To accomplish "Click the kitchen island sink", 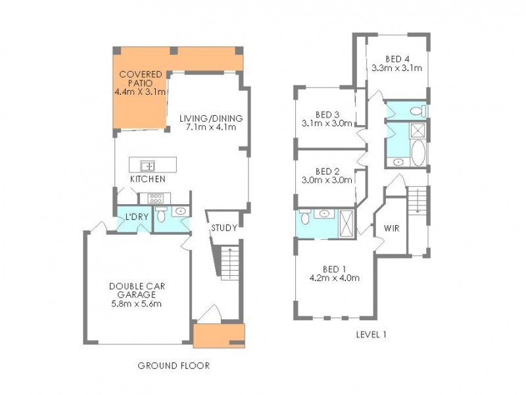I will click(149, 165).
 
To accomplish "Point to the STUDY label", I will click(224, 228).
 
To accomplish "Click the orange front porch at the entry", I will click(219, 334).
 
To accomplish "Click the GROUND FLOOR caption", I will click(174, 365).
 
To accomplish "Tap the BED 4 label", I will click(396, 57).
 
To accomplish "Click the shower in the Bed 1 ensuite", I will click(345, 223).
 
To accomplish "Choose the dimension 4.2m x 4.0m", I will click(334, 278).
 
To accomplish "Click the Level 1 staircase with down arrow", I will click(418, 200).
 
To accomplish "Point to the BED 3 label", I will click(327, 113).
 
